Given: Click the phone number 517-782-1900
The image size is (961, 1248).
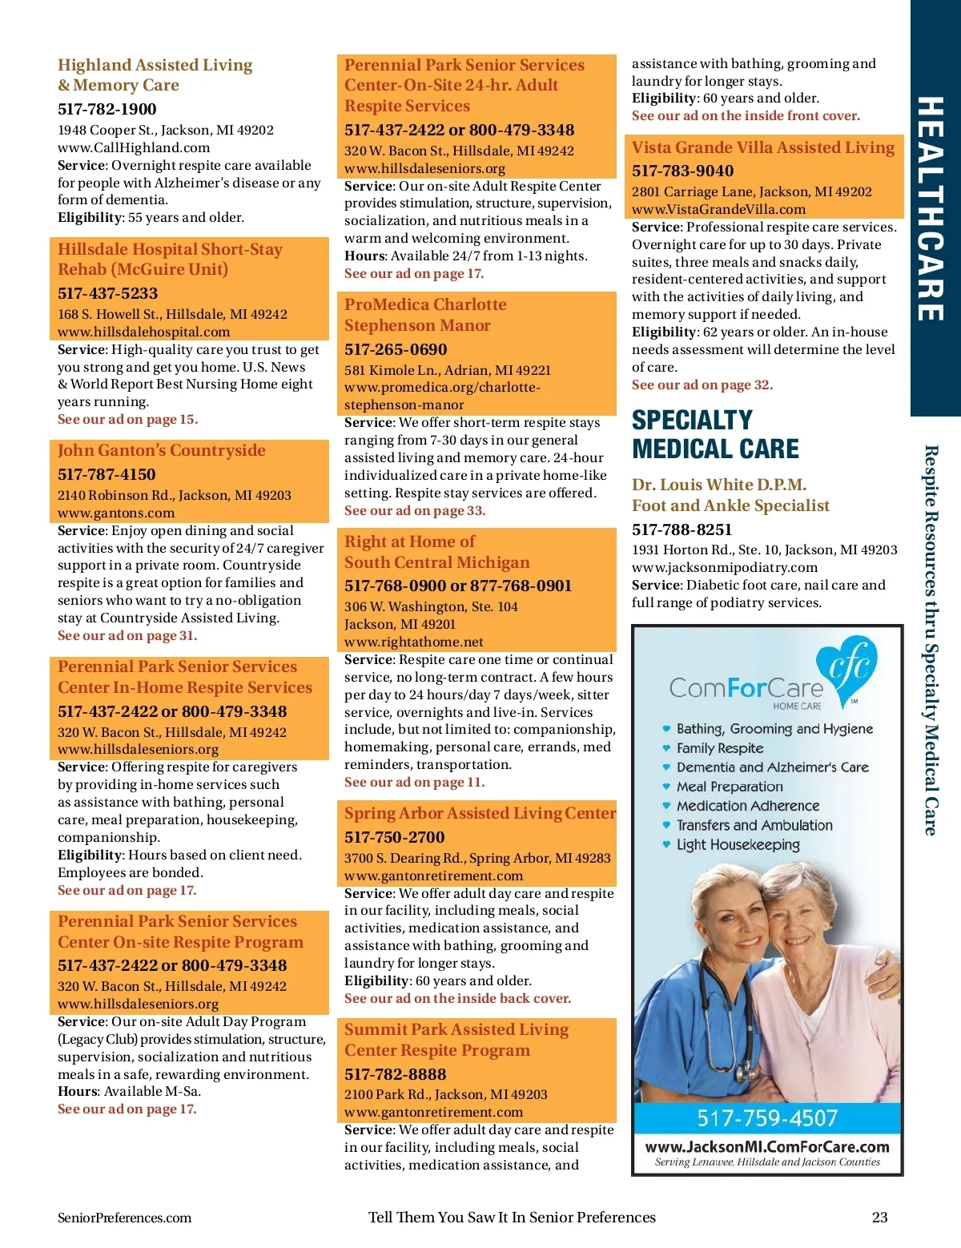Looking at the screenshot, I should pos(107,109).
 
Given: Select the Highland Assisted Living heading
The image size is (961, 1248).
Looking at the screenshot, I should pos(155,74).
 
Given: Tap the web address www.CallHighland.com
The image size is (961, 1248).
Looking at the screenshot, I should pos(134,147).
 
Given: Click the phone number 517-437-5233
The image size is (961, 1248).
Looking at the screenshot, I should pos(108,293).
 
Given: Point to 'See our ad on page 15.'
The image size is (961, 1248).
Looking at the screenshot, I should pos(127,419).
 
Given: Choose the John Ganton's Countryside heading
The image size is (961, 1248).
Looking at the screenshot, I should pos(162,450).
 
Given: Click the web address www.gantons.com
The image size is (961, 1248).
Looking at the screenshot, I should pos(116,513).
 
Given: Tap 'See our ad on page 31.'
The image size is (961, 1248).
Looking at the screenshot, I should pos(127,635).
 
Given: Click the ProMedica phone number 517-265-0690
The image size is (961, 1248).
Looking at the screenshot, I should pos(396,349).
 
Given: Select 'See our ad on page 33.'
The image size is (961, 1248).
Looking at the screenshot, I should pos(415,510).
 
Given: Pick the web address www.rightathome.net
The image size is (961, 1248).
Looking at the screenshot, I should pos(414,642).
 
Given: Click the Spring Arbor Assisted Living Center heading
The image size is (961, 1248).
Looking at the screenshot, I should pos(480,813).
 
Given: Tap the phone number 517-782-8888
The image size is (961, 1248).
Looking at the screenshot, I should pos(396,1074).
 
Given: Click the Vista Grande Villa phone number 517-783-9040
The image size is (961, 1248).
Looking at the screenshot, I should pos(682,171).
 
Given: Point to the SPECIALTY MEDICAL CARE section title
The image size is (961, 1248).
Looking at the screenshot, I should pos(715,434).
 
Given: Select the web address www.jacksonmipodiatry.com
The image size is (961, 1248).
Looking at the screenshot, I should pos(725,567).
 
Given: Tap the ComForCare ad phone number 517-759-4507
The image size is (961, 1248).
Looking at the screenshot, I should pos(767,1117).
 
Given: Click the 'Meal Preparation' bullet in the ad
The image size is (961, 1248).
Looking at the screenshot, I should pos(730,787).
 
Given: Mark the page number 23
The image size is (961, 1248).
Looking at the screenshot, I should pos(879,1218).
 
